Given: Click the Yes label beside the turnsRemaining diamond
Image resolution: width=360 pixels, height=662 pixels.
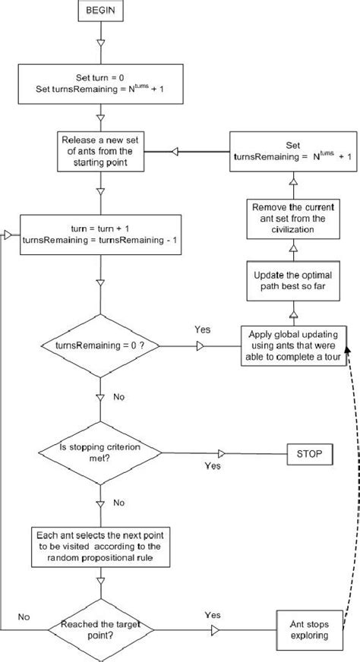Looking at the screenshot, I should pyautogui.click(x=202, y=331).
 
